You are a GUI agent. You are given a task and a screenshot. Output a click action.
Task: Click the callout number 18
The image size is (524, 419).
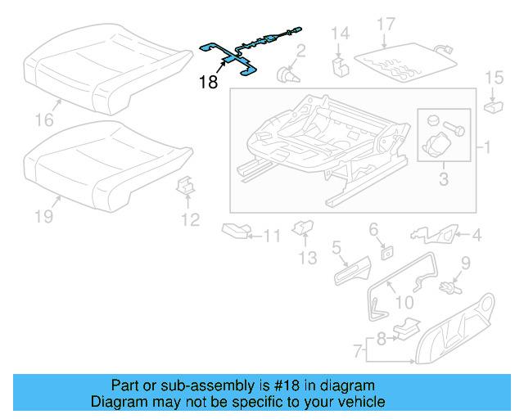[208, 82]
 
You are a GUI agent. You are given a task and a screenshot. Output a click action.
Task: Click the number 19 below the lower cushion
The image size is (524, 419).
[43, 216]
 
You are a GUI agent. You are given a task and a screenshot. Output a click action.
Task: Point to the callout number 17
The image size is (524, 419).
[386, 25]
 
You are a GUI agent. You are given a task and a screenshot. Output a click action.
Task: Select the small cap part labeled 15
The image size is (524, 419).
[493, 105]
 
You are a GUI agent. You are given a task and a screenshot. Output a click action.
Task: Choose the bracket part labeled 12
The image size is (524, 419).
[186, 188]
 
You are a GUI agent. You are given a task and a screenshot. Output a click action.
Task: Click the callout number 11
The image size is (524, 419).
[271, 237]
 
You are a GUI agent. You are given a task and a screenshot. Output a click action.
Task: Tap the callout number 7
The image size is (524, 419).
[359, 352]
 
